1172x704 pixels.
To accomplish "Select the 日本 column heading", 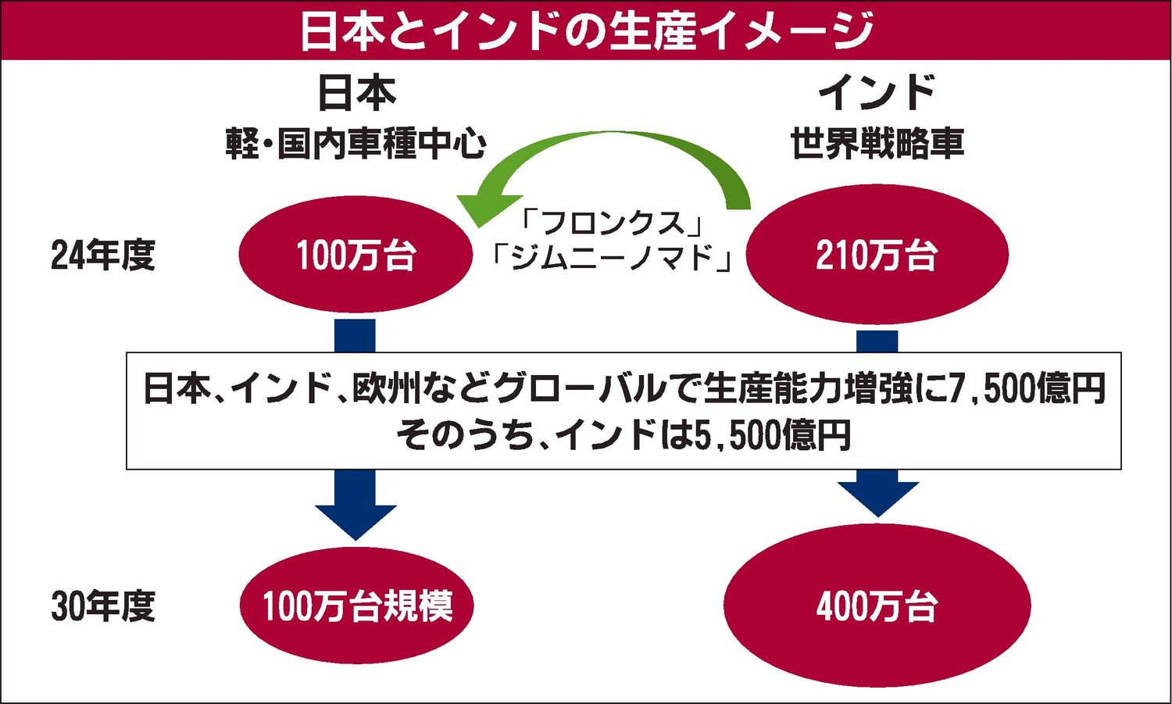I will click(x=356, y=93).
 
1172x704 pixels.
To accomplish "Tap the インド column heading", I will click(x=876, y=93).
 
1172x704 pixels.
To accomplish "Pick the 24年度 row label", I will click(x=103, y=256).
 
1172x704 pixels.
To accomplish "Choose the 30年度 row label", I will click(x=103, y=606).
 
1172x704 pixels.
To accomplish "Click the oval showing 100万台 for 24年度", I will click(x=356, y=256).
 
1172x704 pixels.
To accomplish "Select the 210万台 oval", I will click(x=877, y=256).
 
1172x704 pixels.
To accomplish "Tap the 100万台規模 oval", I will click(x=356, y=606).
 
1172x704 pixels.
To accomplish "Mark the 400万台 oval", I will click(x=877, y=606).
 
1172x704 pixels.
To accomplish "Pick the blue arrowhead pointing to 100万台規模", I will click(x=356, y=520).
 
